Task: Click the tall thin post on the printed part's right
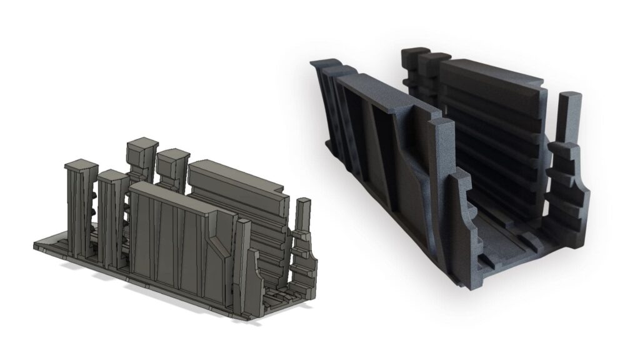[569, 119]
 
